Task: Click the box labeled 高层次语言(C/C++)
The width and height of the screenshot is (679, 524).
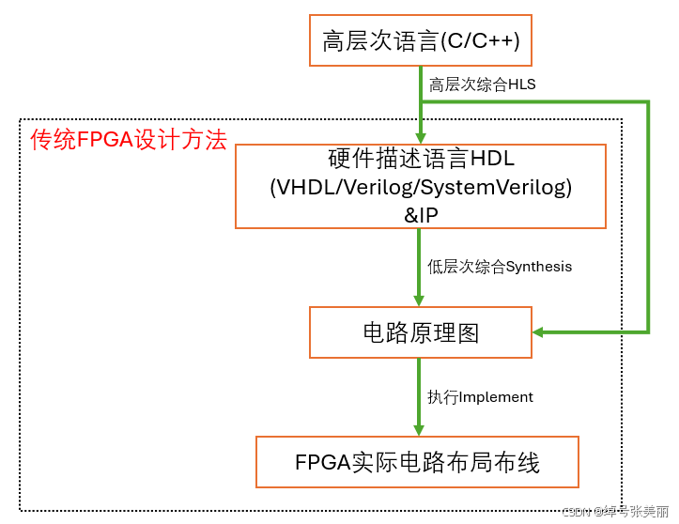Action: [421, 41]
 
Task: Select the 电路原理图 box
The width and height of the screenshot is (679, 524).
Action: [421, 332]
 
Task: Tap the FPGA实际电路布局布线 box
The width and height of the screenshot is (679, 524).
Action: [417, 461]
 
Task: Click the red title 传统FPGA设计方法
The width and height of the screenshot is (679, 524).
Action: [129, 141]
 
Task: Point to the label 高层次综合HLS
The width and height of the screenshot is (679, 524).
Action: [482, 85]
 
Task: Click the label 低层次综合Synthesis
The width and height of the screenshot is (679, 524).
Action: [500, 267]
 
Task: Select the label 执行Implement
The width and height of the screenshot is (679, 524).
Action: [480, 397]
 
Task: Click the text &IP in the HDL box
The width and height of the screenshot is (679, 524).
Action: [421, 213]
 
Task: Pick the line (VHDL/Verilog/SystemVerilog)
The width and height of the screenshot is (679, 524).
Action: [421, 187]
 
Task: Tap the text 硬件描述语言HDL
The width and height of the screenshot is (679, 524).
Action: [421, 159]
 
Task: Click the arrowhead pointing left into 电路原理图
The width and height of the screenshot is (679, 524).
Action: [539, 332]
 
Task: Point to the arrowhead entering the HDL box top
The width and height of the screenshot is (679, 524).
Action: [421, 138]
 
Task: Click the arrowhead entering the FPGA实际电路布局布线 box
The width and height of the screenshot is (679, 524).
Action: [421, 428]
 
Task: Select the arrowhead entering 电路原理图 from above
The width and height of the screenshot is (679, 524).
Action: [421, 300]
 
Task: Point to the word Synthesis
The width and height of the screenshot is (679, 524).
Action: [539, 267]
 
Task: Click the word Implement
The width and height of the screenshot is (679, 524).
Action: [496, 397]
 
